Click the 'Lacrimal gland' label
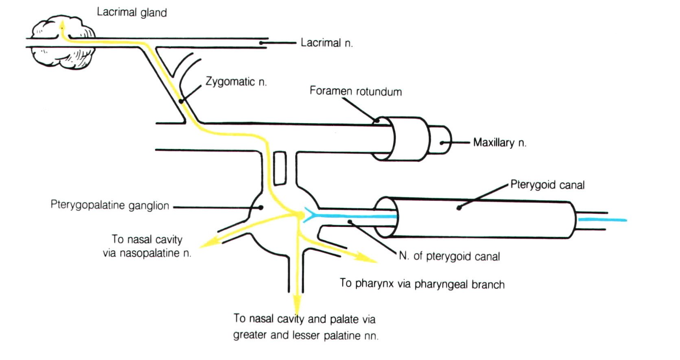coord(131,12)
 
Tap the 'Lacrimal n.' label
coord(326,43)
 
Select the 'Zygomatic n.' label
coord(236,81)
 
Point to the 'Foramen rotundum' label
coord(355,91)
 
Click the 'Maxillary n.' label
coord(499,143)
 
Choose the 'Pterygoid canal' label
coord(547,185)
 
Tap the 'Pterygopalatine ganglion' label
coord(109,205)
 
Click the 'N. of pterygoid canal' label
coord(449,256)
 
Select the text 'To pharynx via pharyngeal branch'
coord(422,284)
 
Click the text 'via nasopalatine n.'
coord(147,253)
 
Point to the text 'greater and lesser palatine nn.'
coord(305,336)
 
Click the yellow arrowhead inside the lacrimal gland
coord(62,25)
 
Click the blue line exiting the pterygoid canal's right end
coord(602,220)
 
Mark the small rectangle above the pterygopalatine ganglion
coord(280,168)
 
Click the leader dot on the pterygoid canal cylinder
coord(459,208)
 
